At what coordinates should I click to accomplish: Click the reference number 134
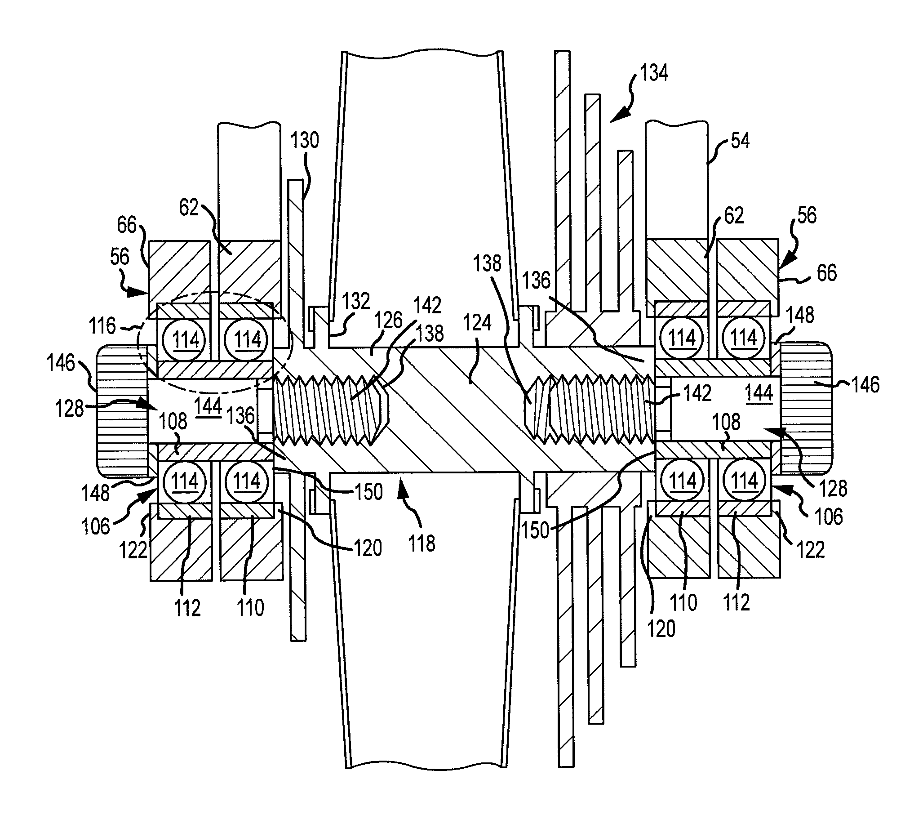click(654, 73)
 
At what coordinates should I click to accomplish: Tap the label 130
click(304, 140)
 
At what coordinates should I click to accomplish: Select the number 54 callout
click(740, 141)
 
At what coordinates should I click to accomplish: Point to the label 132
click(356, 301)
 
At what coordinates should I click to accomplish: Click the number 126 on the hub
click(388, 321)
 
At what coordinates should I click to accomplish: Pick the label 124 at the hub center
click(477, 323)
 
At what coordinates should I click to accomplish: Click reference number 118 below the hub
click(421, 543)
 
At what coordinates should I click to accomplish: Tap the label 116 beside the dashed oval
click(102, 325)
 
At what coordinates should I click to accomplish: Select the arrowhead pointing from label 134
click(617, 116)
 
